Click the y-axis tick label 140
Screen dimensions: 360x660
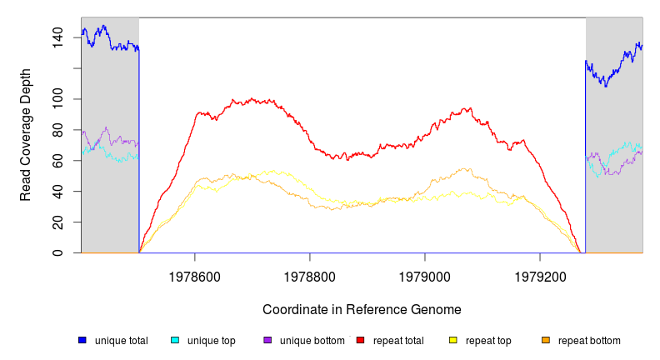(57, 37)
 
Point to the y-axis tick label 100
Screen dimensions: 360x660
(57, 99)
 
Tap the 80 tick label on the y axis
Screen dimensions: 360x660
(57, 130)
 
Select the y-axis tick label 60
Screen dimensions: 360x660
(57, 161)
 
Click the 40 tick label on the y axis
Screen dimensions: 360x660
(57, 192)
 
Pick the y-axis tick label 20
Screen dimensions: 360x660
(57, 222)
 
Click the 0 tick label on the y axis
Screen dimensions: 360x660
(57, 253)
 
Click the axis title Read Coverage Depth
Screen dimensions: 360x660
(26, 135)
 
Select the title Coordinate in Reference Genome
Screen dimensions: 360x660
(362, 309)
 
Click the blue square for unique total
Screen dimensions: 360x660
(82, 340)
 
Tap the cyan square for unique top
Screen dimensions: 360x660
(175, 340)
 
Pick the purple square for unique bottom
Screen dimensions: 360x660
(267, 340)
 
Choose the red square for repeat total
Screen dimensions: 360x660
(360, 340)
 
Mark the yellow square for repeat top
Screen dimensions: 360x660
(453, 340)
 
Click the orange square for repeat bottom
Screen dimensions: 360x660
(546, 340)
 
